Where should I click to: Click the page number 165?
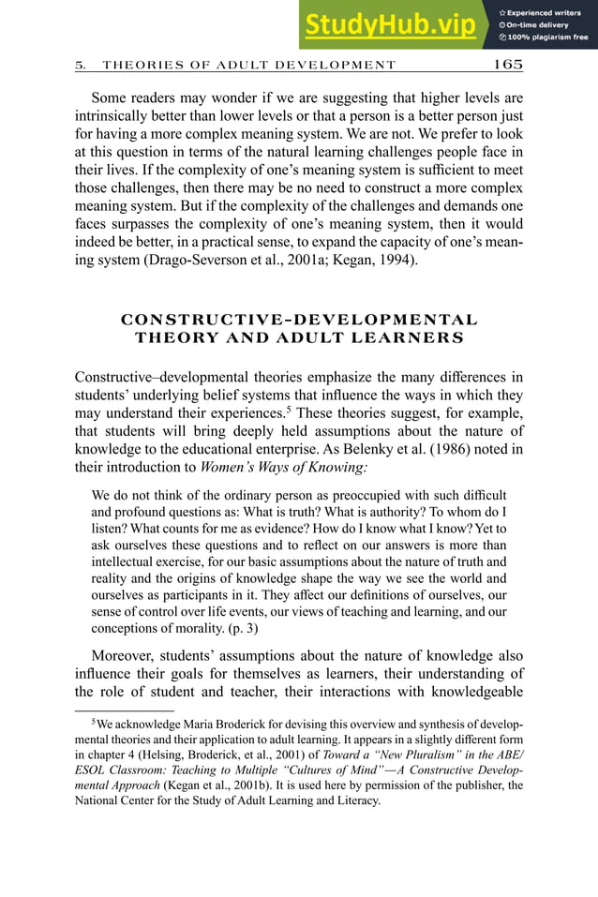[x=507, y=65]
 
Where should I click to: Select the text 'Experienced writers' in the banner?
[x=545, y=12]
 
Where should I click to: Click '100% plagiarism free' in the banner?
[x=549, y=37]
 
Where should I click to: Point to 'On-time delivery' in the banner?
[x=539, y=25]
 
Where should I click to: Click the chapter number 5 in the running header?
[x=80, y=66]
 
